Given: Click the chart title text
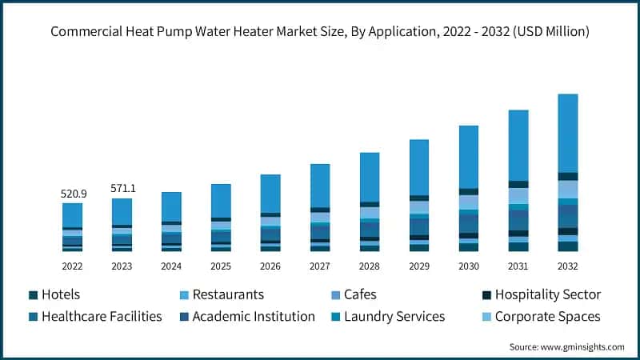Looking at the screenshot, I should coord(320,32).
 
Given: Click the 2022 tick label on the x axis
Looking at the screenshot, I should coord(72,266).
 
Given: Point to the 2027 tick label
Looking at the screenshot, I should coord(320,266).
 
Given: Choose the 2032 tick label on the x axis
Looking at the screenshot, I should coord(567,266).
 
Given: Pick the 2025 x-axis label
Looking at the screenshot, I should coord(221,266).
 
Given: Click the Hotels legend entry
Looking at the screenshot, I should coord(60,294).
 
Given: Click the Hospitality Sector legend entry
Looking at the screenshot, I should coord(547,294).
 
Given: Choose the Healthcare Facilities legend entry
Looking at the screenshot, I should coord(101,316).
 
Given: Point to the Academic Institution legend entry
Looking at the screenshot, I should coord(253,316).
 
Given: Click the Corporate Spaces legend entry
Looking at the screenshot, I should coord(547,316).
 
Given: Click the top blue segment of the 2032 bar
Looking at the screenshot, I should coord(567,133).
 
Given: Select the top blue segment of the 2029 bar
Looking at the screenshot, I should coord(419,167).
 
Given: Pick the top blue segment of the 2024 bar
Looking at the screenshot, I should coord(171,206).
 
